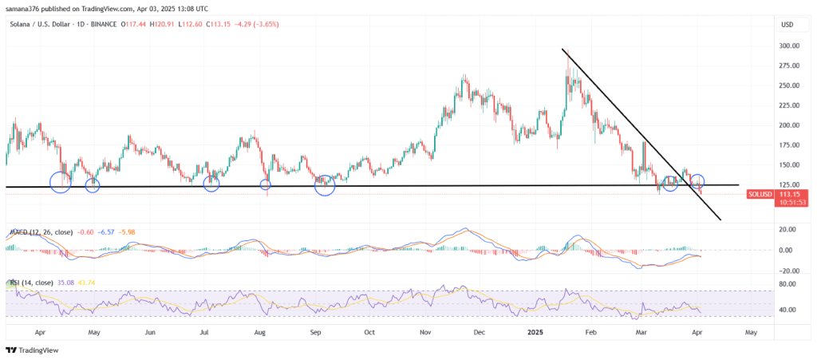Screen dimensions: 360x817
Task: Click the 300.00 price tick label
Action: [790, 46]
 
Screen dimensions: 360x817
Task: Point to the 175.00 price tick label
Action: [790, 145]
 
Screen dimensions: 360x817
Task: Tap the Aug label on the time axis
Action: [259, 330]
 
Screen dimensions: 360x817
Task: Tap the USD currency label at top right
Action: [787, 25]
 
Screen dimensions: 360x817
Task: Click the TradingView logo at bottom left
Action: [28, 350]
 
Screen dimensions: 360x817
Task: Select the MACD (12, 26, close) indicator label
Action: [41, 232]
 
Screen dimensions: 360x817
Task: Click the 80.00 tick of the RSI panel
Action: [788, 283]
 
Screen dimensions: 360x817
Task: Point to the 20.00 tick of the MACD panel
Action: [788, 229]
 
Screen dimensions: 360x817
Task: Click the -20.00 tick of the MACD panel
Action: [788, 270]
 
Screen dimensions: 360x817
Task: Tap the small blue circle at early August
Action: [266, 185]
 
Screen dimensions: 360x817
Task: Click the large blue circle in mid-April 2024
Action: [61, 182]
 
